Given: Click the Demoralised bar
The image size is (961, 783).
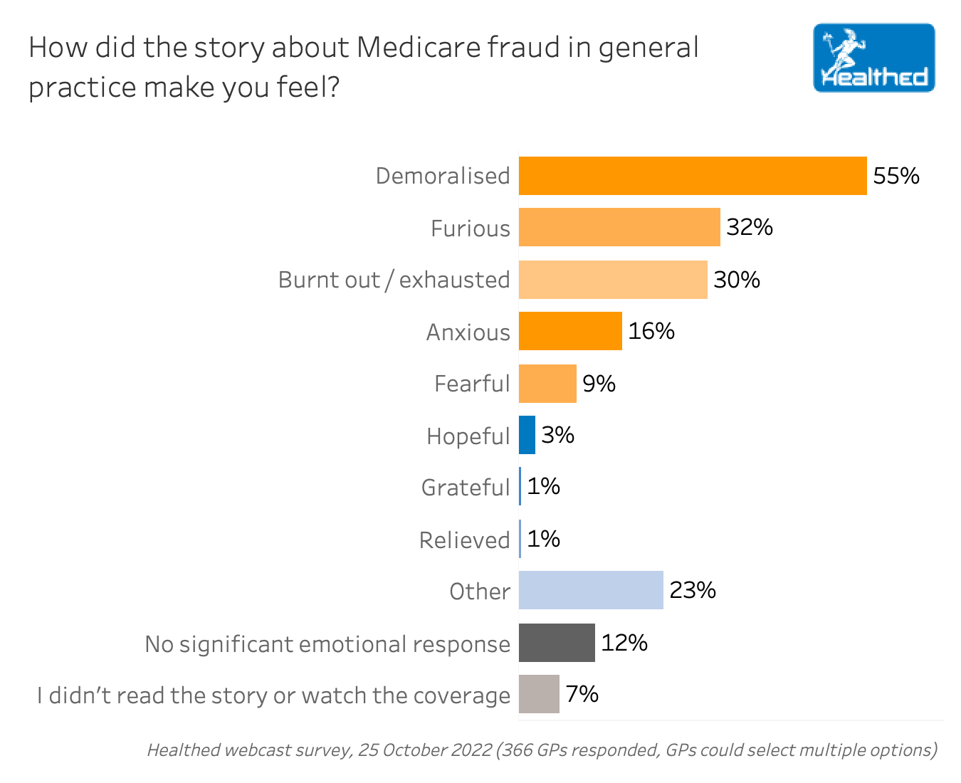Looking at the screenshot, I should pyautogui.click(x=692, y=176).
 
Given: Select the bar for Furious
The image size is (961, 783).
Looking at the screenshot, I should pyautogui.click(x=619, y=227).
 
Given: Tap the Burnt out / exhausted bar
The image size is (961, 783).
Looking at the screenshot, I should pyautogui.click(x=613, y=280).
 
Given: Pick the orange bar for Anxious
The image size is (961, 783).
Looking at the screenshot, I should pyautogui.click(x=570, y=331).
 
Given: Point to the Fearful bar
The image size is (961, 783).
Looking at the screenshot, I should pyautogui.click(x=547, y=384).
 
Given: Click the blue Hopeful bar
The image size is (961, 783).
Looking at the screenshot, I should pyautogui.click(x=527, y=435).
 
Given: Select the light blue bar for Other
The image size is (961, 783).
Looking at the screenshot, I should pyautogui.click(x=591, y=590).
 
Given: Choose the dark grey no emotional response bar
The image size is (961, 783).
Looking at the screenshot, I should pyautogui.click(x=557, y=643).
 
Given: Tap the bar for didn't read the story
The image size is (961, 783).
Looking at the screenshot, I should pyautogui.click(x=539, y=694).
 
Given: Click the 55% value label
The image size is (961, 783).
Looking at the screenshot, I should pyautogui.click(x=896, y=176).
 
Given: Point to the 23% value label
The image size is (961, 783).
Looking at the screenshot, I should pyautogui.click(x=693, y=590).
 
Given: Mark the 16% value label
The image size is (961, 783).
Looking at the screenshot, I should pyautogui.click(x=651, y=331).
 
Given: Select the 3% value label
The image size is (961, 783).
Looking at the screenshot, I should pyautogui.click(x=557, y=435).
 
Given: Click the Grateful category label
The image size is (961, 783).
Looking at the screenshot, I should pyautogui.click(x=466, y=488).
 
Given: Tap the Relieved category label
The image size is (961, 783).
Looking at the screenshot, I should pyautogui.click(x=464, y=540).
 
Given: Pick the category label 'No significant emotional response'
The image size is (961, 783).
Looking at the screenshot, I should pyautogui.click(x=327, y=644).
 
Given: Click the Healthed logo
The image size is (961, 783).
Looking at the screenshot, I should pyautogui.click(x=873, y=58).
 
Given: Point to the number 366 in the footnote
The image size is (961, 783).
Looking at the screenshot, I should pyautogui.click(x=519, y=750).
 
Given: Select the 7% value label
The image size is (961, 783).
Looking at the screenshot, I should pyautogui.click(x=582, y=694).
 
